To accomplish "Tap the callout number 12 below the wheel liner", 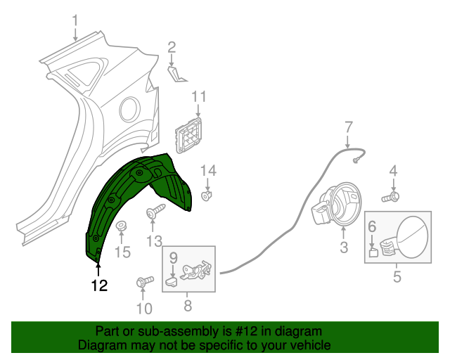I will pyautogui.click(x=99, y=285).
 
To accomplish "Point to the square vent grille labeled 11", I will pyautogui.click(x=190, y=133).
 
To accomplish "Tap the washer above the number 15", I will pyautogui.click(x=121, y=226).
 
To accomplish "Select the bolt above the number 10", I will pyautogui.click(x=143, y=282).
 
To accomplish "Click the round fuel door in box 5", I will pyautogui.click(x=411, y=238).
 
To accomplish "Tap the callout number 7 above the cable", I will pyautogui.click(x=348, y=127).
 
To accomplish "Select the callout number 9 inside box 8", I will pyautogui.click(x=173, y=258).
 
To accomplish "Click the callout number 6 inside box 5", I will pyautogui.click(x=372, y=226).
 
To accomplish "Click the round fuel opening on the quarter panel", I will pyautogui.click(x=129, y=108).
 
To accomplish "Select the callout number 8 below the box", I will pyautogui.click(x=188, y=306).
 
